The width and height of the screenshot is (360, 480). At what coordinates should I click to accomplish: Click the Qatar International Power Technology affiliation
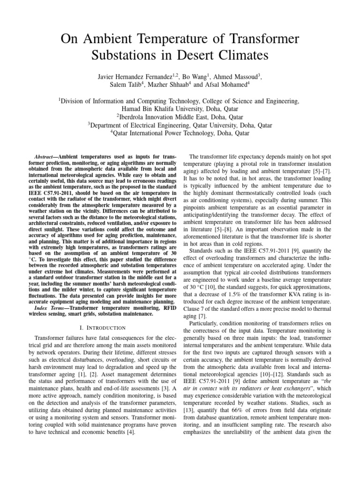pos(180,133)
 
